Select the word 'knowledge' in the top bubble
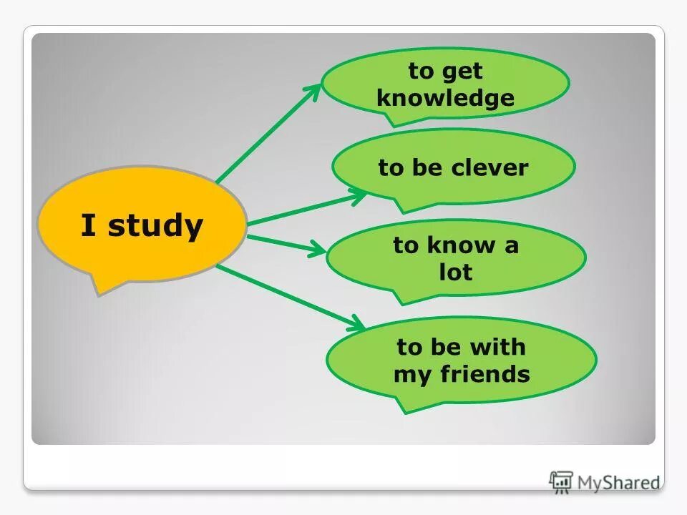pyautogui.click(x=445, y=98)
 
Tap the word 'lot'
pyautogui.click(x=456, y=273)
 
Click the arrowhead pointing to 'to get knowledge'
pyautogui.click(x=313, y=92)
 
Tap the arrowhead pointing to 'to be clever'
pyautogui.click(x=359, y=195)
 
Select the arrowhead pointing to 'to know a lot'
pyautogui.click(x=317, y=250)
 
